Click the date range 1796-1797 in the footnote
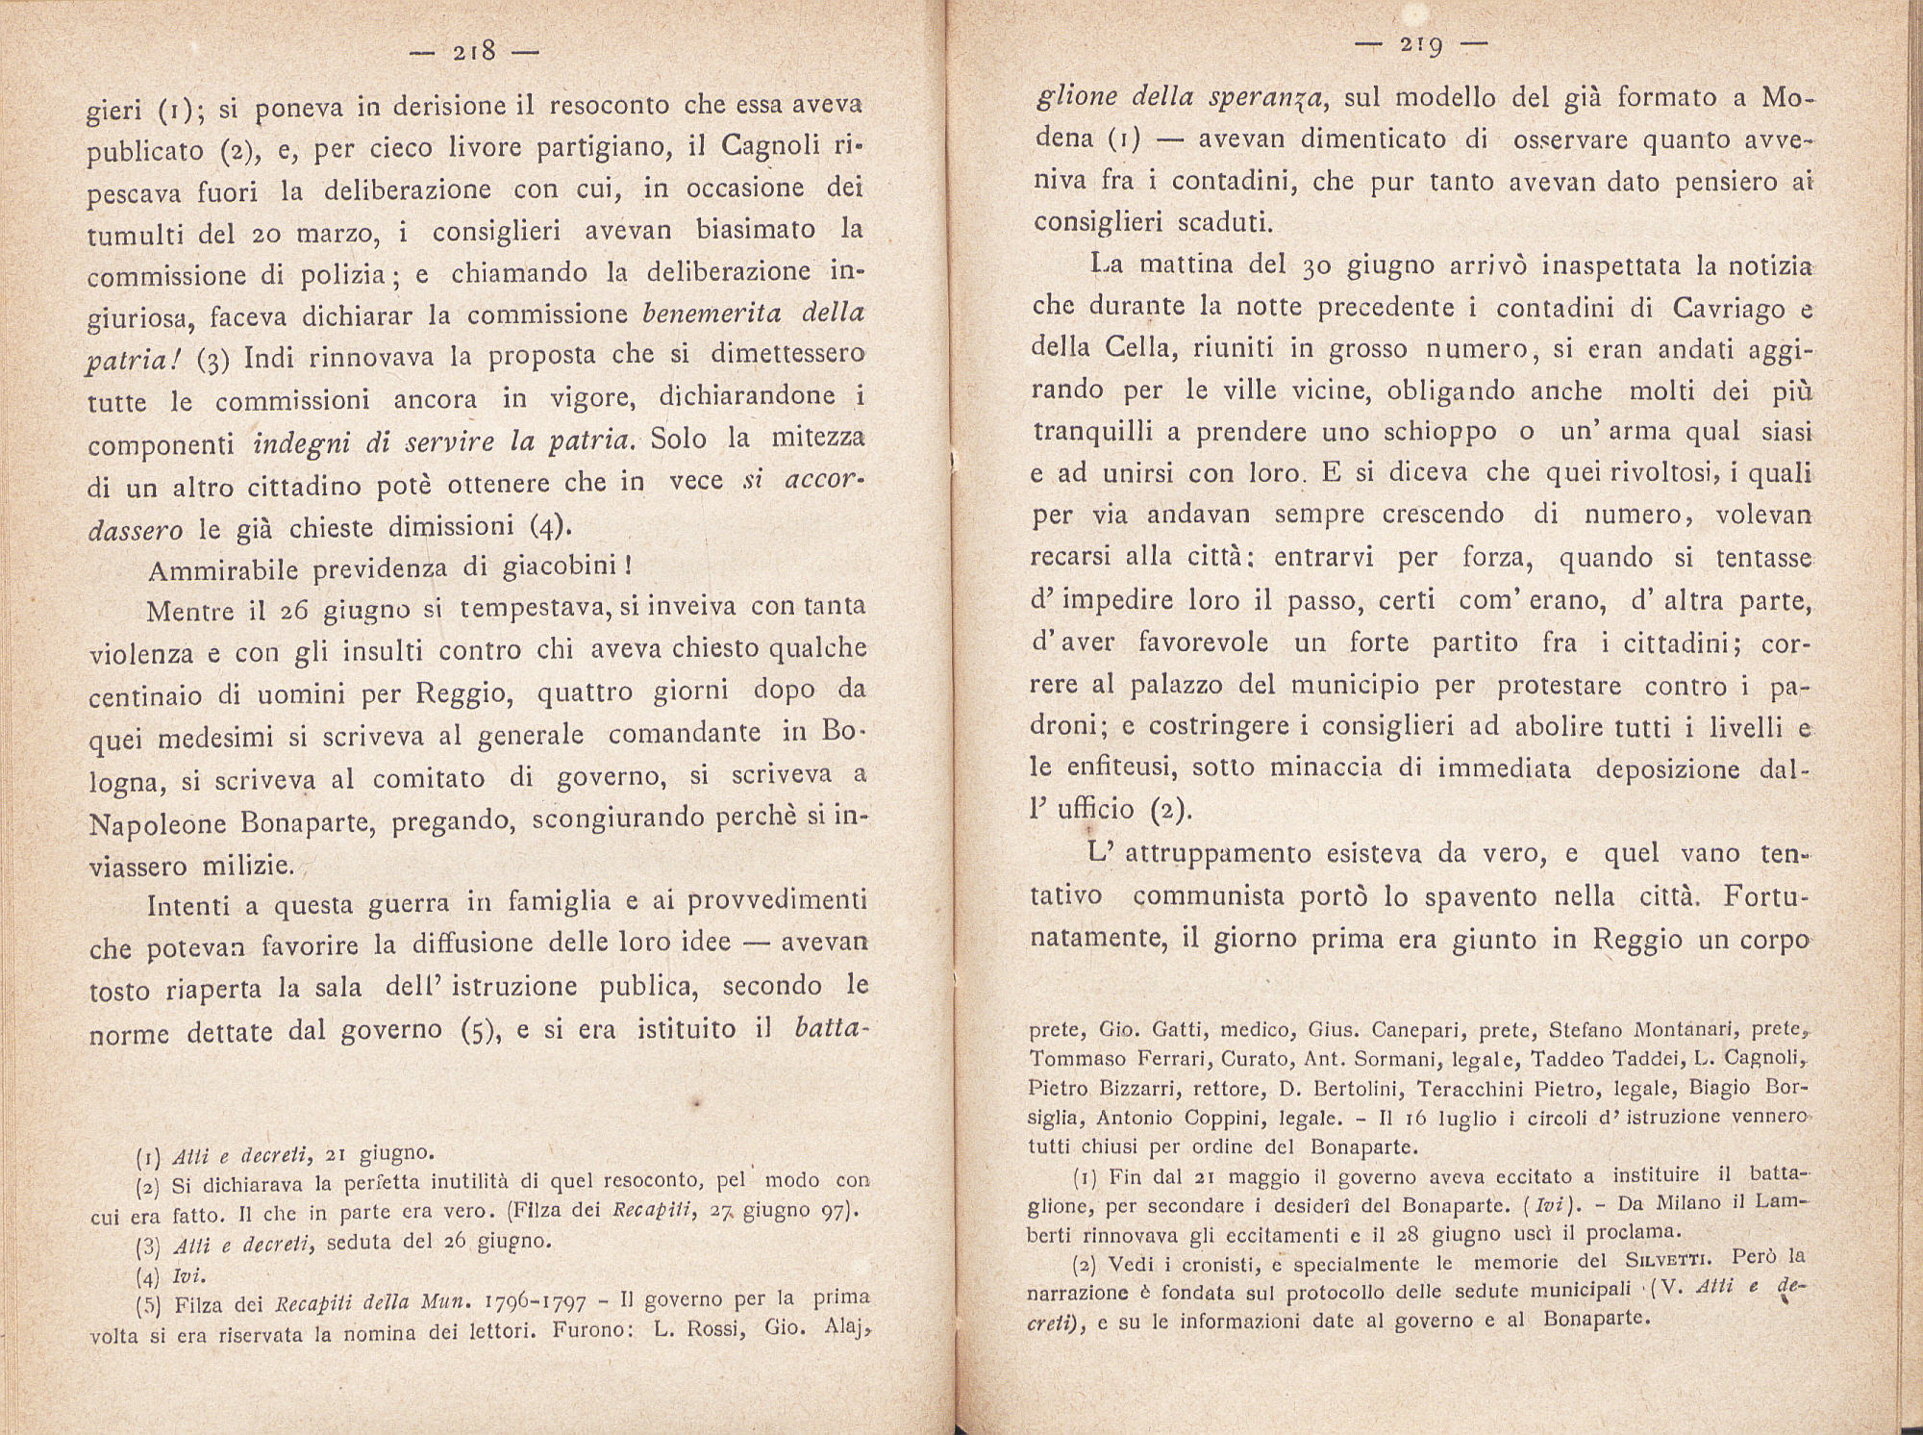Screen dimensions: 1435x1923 click(530, 1303)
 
